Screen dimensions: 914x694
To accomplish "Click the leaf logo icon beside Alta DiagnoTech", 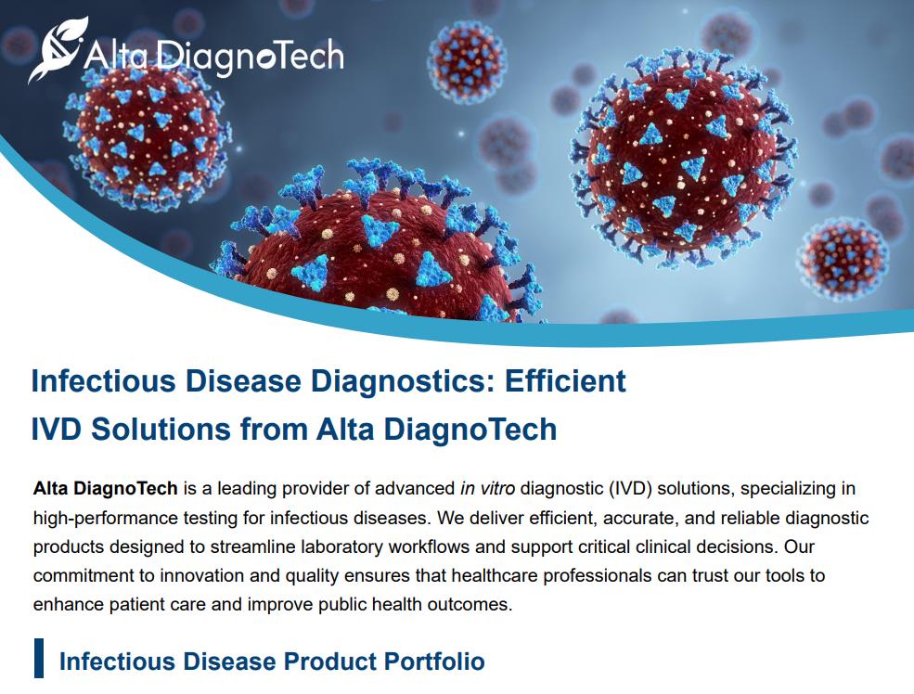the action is pyautogui.click(x=58, y=49).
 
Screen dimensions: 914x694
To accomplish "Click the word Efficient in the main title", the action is pyautogui.click(x=565, y=381).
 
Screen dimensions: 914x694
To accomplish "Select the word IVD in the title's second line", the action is pyautogui.click(x=58, y=430).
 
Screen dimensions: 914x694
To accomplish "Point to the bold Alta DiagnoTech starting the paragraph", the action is pyautogui.click(x=106, y=488).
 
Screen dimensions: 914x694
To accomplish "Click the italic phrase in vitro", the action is pyautogui.click(x=487, y=488).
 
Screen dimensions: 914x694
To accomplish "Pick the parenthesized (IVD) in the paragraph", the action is pyautogui.click(x=630, y=488).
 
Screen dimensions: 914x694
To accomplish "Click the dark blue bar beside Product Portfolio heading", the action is pyautogui.click(x=38, y=658).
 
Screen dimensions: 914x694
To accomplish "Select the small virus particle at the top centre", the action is pyautogui.click(x=467, y=62).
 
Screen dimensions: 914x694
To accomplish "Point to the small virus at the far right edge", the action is pyautogui.click(x=843, y=260).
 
